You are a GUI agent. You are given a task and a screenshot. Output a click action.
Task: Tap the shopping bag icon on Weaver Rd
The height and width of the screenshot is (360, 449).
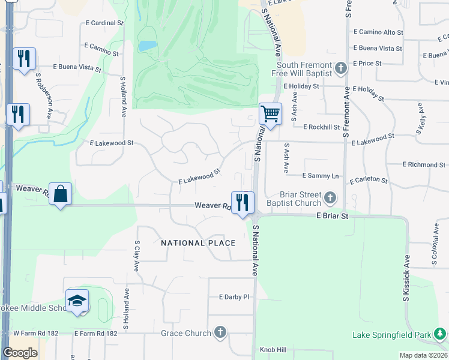pos(61,194)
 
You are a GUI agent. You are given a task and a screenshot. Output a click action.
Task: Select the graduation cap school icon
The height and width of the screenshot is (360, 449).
pos(77,302)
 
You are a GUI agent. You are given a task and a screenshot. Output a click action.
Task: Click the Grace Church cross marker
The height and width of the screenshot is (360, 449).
pos(220,332)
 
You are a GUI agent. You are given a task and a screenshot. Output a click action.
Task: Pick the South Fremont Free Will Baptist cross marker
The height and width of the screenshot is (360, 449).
pos(340,68)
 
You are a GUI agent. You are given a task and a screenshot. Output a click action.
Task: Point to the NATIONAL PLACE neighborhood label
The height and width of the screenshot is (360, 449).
pos(198,243)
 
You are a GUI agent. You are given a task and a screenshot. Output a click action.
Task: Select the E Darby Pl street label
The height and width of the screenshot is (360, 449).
pos(234,297)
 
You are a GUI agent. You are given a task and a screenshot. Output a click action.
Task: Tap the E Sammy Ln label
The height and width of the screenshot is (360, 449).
pos(320,176)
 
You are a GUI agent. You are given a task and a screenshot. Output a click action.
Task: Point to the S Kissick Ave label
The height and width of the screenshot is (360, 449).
pos(406,278)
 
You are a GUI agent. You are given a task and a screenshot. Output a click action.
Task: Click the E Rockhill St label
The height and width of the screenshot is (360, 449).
pos(321,127)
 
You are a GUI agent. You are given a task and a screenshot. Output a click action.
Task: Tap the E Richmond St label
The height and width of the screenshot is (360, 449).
pos(424,164)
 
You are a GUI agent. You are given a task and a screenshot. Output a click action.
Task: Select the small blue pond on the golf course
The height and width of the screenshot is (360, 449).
pos(146,46)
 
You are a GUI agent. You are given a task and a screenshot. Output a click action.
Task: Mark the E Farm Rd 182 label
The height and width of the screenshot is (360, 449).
pos(96,333)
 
